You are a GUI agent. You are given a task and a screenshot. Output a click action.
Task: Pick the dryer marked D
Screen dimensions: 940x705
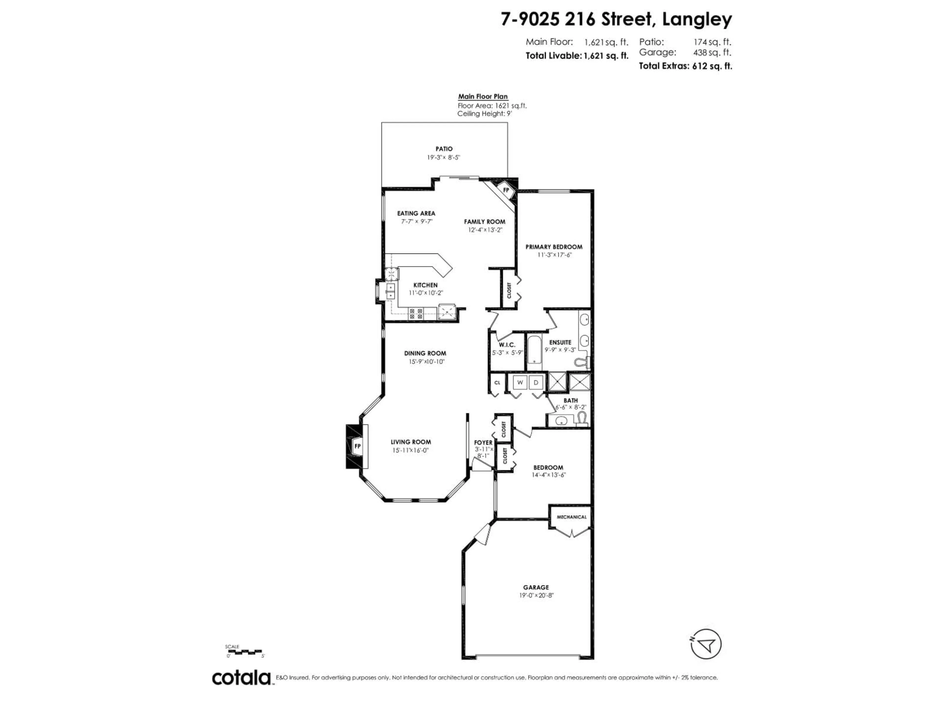tap(536, 382)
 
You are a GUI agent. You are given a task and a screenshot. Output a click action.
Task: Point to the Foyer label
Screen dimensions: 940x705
tap(483, 442)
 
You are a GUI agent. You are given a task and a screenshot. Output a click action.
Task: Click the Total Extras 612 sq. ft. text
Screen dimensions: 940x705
tap(685, 66)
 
